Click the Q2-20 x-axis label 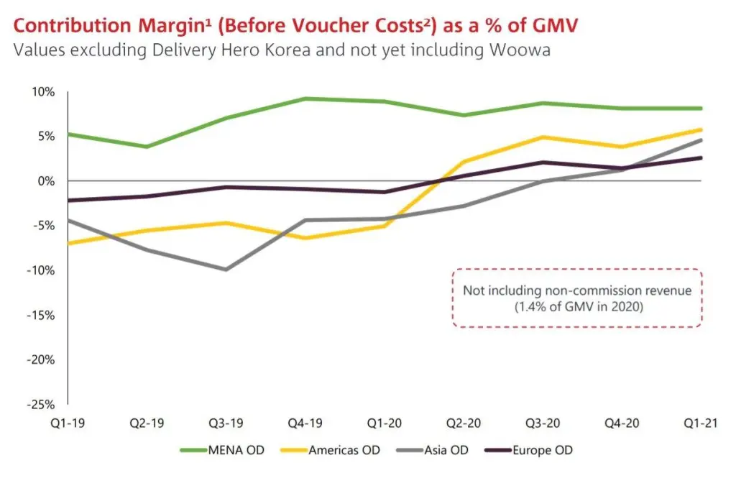pyautogui.click(x=464, y=424)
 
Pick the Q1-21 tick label pyautogui.click(x=701, y=424)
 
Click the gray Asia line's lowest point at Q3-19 pyautogui.click(x=226, y=270)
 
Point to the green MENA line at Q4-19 pyautogui.click(x=305, y=98)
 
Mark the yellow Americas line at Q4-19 pyautogui.click(x=305, y=238)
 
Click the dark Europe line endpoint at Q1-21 pyautogui.click(x=701, y=158)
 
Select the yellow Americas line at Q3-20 pyautogui.click(x=543, y=137)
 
